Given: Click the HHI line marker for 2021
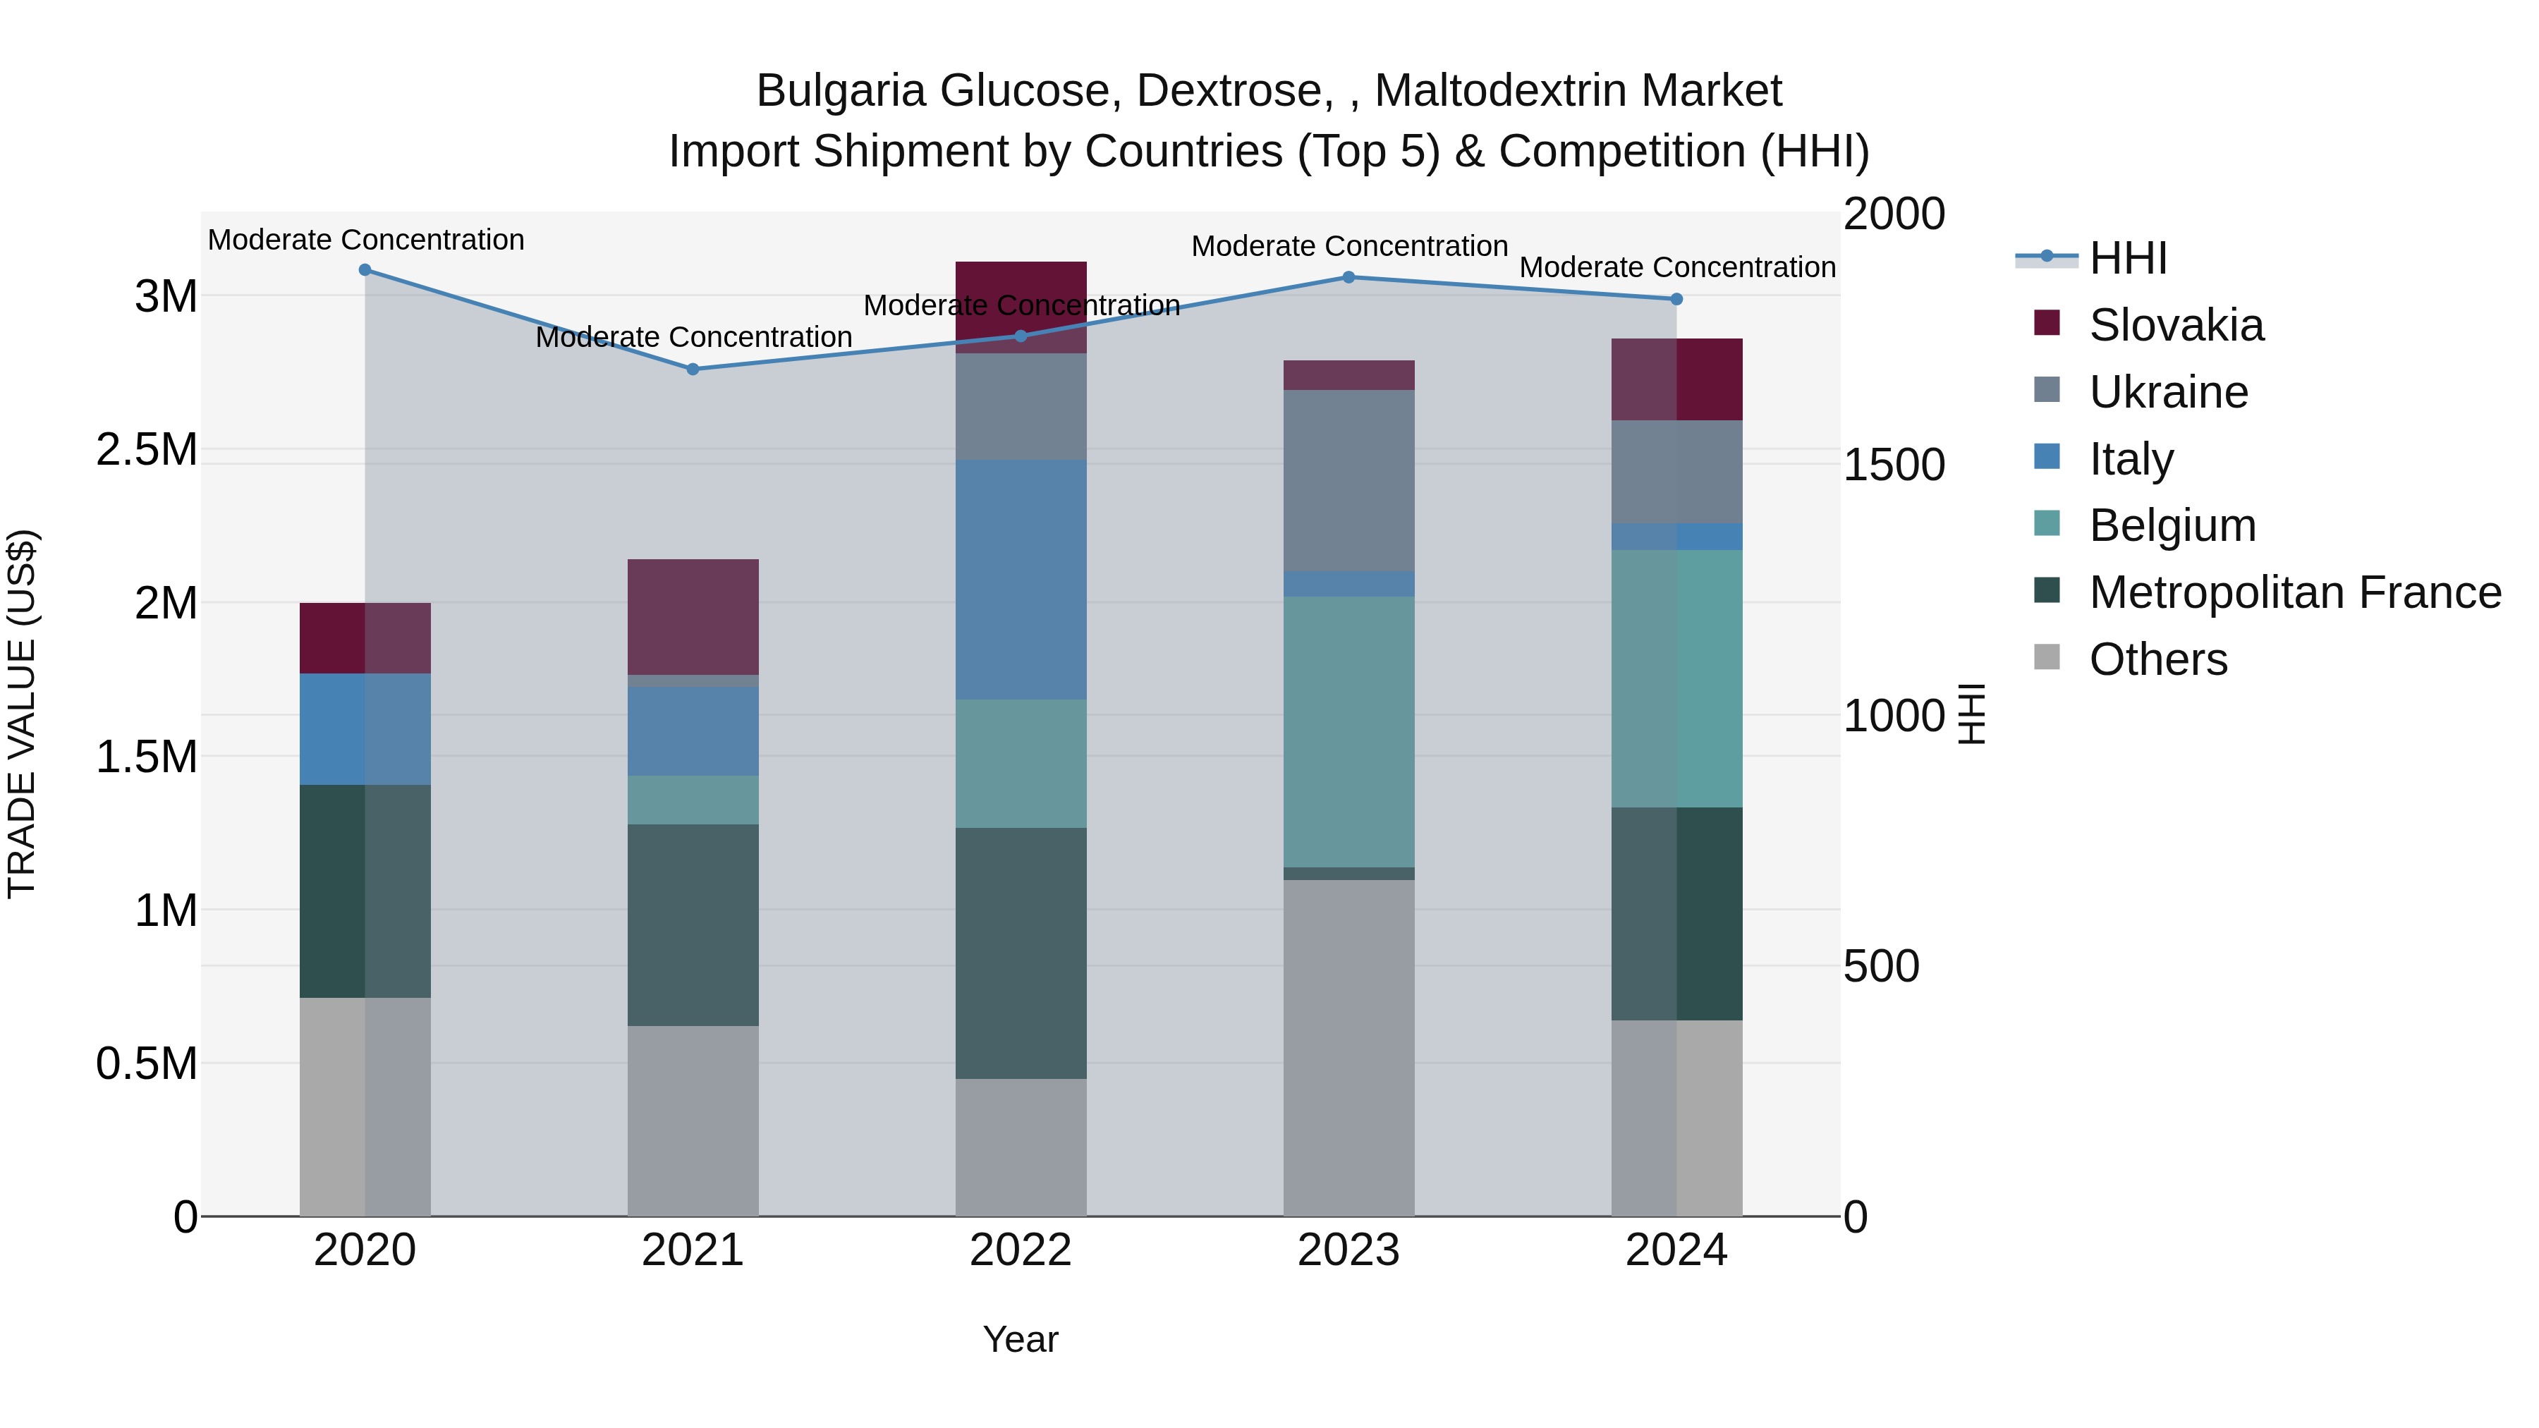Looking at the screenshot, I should click(693, 370).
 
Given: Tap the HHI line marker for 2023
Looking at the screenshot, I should click(1348, 278).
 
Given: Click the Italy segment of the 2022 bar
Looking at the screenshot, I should click(1021, 580).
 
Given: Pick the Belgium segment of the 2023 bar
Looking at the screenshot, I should click(1348, 731).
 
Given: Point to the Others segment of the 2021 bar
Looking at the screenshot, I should click(693, 1121).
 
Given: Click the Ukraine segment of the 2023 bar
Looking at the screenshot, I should click(1348, 481).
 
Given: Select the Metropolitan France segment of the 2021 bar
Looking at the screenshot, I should click(693, 924).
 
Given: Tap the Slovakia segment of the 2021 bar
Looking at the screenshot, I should click(693, 617).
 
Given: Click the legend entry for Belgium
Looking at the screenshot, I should click(2172, 526).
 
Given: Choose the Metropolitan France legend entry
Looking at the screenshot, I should click(2294, 593).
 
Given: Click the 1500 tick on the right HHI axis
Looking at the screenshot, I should click(1894, 465).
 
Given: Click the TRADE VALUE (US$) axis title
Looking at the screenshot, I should click(22, 714).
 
